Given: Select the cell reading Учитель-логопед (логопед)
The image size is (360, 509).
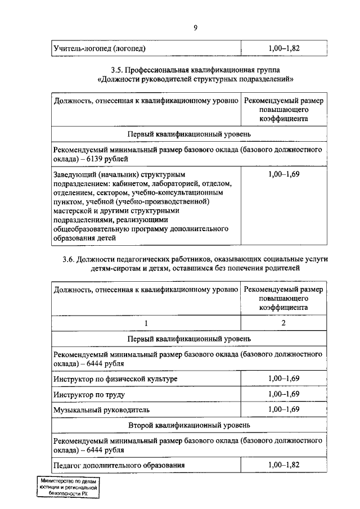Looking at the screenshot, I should click(100, 49).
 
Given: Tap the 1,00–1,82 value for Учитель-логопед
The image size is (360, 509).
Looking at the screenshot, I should click(284, 49).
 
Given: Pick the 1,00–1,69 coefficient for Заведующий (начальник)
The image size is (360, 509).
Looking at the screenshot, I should click(284, 174).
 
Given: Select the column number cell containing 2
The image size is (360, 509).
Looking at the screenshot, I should click(284, 323).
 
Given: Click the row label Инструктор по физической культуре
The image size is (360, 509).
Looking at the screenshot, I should click(115, 380).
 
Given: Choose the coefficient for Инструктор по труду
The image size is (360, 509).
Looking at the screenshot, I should click(284, 394).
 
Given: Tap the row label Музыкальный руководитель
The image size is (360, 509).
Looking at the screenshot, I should click(102, 409).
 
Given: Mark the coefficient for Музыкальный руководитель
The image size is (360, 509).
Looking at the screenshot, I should click(284, 409).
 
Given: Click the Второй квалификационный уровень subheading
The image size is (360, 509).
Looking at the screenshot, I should click(189, 424).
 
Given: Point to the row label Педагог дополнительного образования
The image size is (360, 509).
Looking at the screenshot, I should click(119, 466).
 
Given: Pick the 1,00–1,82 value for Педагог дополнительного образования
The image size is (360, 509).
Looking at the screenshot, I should click(284, 466).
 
